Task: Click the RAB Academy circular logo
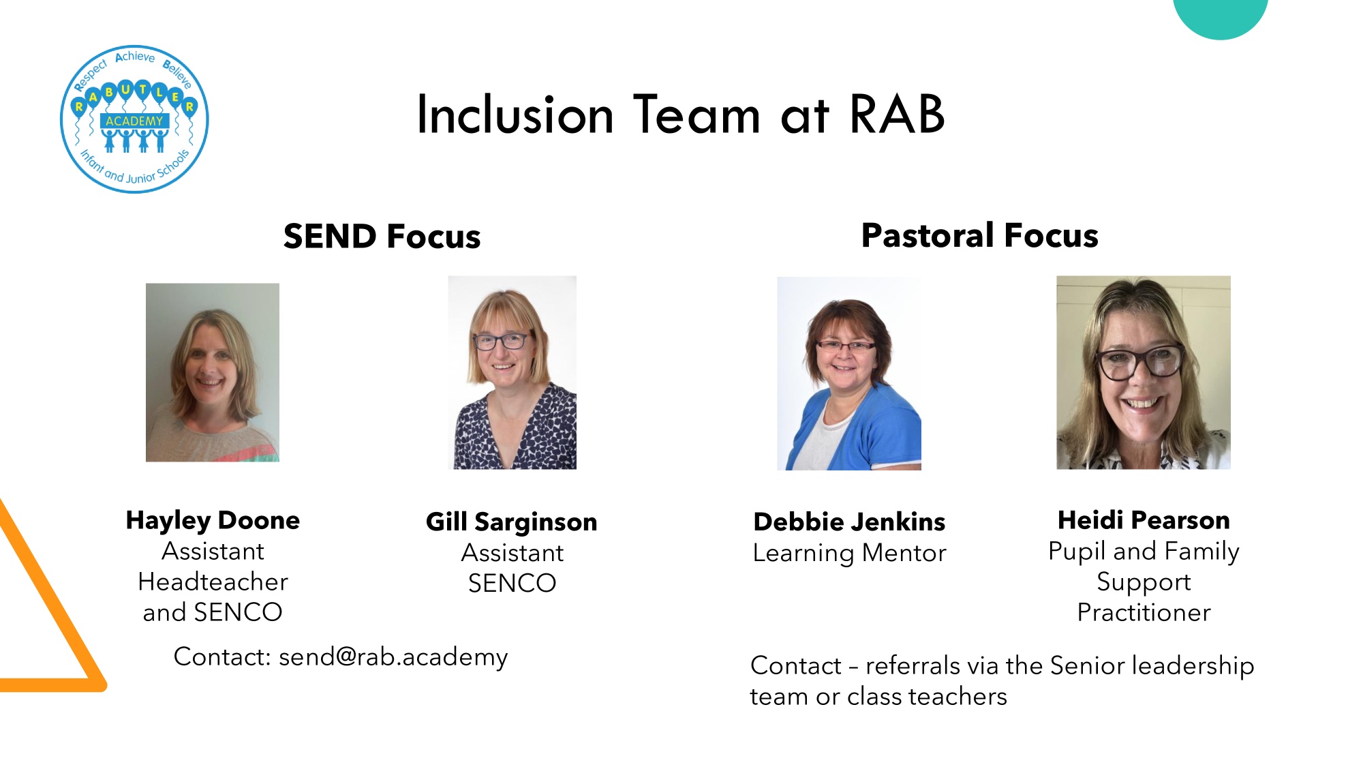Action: coord(134,119)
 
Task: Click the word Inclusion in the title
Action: coord(515,114)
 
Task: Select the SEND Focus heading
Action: coord(382,237)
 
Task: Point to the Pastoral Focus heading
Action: coord(979,236)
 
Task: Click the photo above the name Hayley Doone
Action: coord(213,372)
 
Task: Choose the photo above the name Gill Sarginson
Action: coord(512,372)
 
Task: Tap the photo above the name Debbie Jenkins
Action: coord(849,373)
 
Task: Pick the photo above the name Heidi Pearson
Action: coord(1144,372)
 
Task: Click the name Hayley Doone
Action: coord(213,521)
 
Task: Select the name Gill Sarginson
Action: coord(512,522)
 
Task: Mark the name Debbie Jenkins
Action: coord(849,522)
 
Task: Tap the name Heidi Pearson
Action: coord(1144,520)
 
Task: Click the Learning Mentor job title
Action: coord(849,553)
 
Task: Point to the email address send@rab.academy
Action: coord(393,657)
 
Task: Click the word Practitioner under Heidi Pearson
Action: coord(1144,612)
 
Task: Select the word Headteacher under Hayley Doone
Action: coord(213,582)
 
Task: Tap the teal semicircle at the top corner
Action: coord(1220,17)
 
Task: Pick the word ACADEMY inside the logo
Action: coord(134,121)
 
